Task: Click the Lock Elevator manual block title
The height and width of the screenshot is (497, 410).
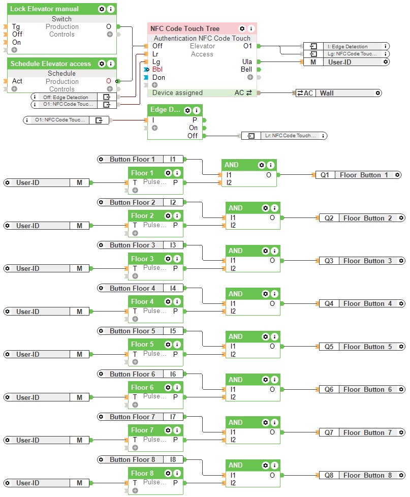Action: [45, 9]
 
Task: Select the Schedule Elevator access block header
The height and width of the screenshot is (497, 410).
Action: [51, 64]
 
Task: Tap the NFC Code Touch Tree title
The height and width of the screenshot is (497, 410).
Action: [185, 29]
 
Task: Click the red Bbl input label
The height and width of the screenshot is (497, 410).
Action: [157, 70]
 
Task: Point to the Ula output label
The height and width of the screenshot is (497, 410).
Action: [247, 62]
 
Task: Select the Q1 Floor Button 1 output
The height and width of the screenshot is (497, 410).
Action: [359, 175]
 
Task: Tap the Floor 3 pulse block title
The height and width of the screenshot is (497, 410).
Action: [142, 259]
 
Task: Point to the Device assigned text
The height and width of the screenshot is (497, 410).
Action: [177, 93]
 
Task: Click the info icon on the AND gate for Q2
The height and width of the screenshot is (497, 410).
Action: [274, 208]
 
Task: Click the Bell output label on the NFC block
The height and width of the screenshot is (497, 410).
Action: [246, 70]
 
